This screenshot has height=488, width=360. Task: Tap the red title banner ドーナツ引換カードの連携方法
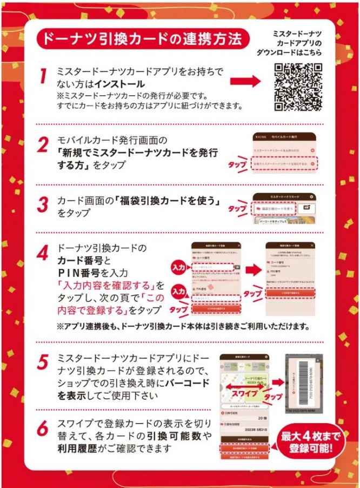[142, 39]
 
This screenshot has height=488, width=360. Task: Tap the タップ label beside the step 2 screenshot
[238, 163]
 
